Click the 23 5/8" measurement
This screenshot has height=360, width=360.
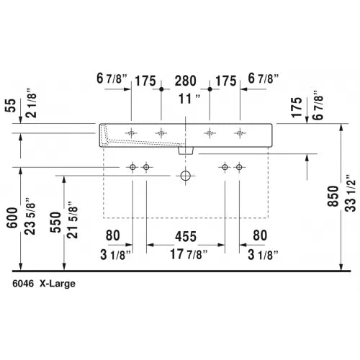[x=30, y=214]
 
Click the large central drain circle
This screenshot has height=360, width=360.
[x=186, y=175]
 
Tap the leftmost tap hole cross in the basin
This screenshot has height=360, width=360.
[x=132, y=132]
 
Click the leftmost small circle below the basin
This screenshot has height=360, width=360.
[x=132, y=168]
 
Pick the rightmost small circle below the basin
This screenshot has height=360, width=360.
[x=240, y=168]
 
